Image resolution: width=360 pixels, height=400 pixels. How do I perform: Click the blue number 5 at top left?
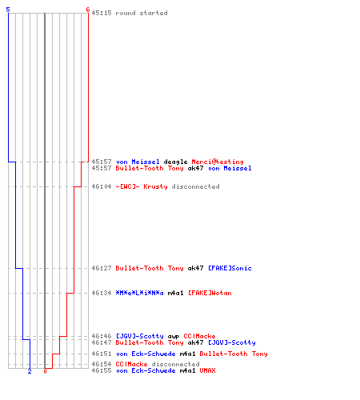(8, 10)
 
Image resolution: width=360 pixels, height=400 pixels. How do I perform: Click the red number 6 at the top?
(87, 10)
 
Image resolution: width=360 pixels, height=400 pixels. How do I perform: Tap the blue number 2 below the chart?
(30, 371)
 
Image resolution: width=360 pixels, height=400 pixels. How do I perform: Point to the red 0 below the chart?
(45, 371)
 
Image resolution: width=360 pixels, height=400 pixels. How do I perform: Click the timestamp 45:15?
(102, 13)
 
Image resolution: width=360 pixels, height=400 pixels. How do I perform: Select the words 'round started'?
(142, 13)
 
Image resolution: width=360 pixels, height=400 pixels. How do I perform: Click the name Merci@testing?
(218, 162)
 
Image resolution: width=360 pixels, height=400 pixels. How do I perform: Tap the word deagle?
(175, 162)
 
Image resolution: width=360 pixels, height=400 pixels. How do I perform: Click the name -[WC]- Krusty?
(142, 186)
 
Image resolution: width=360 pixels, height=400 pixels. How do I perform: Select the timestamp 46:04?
(102, 186)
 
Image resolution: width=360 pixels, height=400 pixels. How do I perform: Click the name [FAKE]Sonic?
(230, 268)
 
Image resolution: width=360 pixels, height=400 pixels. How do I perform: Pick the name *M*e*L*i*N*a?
(139, 293)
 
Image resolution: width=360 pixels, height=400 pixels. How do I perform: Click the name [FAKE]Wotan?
(210, 293)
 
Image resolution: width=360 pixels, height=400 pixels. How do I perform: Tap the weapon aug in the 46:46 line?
(174, 337)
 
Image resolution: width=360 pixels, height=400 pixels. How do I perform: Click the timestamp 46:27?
(102, 268)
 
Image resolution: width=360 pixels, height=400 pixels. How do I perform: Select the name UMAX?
(207, 370)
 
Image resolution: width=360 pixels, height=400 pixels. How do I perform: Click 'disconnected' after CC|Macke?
(175, 364)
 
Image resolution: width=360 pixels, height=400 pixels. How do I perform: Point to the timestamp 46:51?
(102, 354)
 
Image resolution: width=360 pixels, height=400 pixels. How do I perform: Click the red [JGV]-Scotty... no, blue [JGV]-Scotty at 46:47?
(231, 342)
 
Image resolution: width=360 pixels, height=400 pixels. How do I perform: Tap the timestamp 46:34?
(102, 293)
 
